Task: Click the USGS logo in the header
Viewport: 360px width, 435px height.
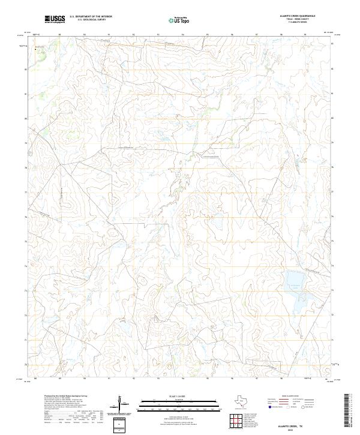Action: click(x=55, y=20)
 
